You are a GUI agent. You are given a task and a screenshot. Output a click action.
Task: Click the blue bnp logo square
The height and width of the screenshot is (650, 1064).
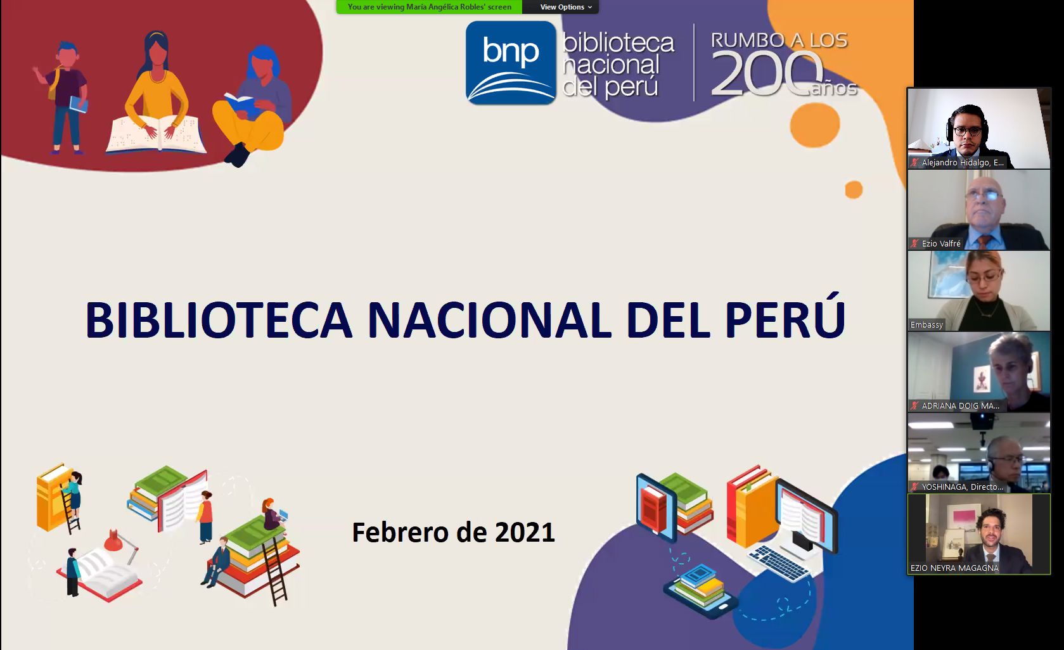coord(511,63)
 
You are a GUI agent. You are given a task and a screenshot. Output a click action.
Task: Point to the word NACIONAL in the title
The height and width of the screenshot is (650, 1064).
coord(490,320)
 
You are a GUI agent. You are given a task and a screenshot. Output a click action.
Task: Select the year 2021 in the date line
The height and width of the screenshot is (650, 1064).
coord(525,532)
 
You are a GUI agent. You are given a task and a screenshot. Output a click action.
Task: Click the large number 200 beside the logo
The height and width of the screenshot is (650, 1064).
coord(766,74)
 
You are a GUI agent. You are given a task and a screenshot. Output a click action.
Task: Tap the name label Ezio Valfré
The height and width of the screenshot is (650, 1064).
coord(941,243)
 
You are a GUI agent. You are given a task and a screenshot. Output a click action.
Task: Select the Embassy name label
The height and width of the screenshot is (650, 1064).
coord(926,325)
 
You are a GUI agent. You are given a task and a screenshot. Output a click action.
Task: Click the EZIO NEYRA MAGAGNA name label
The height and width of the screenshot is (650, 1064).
coord(954,568)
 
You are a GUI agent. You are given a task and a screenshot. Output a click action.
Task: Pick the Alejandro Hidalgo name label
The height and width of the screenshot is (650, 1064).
coord(963,162)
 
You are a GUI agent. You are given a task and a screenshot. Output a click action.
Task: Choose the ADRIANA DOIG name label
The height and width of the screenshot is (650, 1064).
coord(961,406)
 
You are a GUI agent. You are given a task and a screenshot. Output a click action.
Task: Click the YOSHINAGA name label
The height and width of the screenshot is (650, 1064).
coord(963,487)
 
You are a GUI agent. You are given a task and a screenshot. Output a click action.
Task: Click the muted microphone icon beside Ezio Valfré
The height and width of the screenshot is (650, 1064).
coord(915,243)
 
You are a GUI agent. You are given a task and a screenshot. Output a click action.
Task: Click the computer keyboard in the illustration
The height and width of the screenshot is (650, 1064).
coord(779,563)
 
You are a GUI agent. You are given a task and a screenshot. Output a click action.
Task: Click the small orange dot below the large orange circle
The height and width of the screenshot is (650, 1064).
coord(854,190)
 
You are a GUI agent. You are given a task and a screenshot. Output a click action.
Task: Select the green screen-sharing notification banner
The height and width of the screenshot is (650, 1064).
coord(430,7)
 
